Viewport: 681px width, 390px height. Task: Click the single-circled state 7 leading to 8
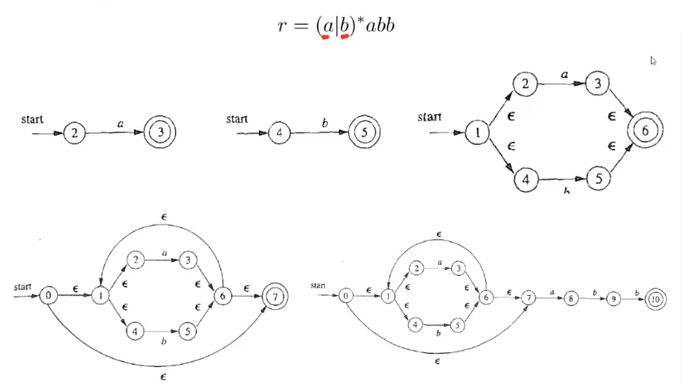pyautogui.click(x=529, y=297)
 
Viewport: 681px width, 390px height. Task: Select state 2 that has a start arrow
pyautogui.click(x=74, y=133)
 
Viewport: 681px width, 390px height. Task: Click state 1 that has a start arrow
pyautogui.click(x=477, y=133)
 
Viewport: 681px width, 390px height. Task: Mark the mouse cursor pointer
pyautogui.click(x=654, y=61)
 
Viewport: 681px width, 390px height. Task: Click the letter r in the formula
pyautogui.click(x=282, y=25)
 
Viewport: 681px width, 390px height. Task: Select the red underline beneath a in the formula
pyautogui.click(x=326, y=35)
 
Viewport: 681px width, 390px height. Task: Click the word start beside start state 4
pyautogui.click(x=237, y=119)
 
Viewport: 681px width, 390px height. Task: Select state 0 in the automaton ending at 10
pyautogui.click(x=346, y=295)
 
